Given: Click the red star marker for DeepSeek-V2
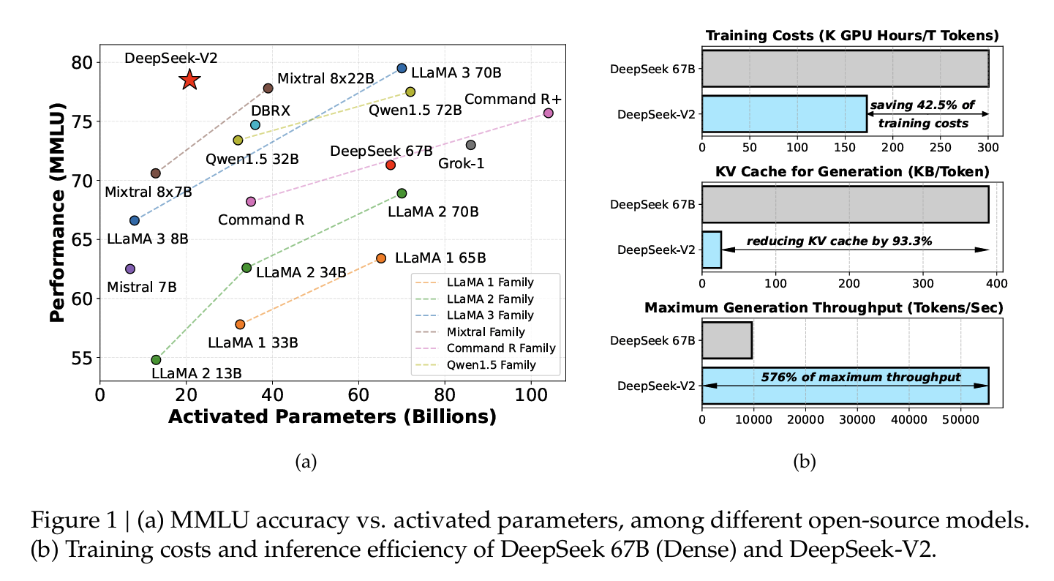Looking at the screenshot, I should coord(189,80).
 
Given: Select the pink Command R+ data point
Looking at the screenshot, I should coord(548,113).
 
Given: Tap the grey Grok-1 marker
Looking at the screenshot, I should coord(470,145).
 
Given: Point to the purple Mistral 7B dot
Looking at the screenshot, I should coord(130,269).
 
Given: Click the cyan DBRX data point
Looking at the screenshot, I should coord(255,125).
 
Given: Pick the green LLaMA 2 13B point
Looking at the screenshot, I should coord(156,359).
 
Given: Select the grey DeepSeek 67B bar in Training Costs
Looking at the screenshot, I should coord(845,70).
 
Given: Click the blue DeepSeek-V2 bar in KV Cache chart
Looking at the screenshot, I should coord(712,250).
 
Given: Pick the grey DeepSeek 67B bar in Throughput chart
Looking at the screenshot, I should coord(726,340).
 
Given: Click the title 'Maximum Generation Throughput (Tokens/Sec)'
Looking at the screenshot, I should coord(823,308).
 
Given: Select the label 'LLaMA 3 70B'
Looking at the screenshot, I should coord(445,73).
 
